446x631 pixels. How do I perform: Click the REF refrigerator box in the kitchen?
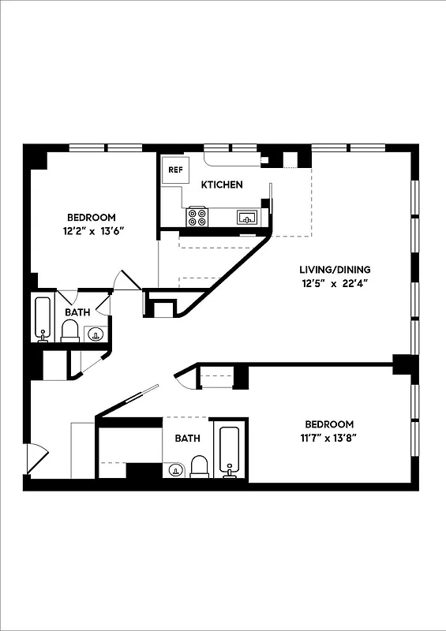(174, 170)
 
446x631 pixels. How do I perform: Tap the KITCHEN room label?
(222, 185)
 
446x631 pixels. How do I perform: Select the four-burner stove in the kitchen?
(197, 216)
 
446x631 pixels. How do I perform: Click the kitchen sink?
(247, 216)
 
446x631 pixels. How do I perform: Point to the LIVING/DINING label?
(335, 269)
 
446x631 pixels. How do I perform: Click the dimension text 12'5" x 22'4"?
(335, 282)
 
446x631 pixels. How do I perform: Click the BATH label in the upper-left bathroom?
(77, 312)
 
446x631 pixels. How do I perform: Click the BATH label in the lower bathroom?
(187, 439)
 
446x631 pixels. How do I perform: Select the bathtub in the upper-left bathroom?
(43, 318)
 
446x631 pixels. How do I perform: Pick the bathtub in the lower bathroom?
(230, 453)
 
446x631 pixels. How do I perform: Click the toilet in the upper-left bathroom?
(70, 332)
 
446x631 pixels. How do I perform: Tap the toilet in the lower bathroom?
(199, 467)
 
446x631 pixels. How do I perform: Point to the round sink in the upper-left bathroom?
(96, 334)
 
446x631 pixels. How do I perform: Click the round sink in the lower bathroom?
(174, 471)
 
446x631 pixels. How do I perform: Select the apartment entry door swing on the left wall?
(36, 457)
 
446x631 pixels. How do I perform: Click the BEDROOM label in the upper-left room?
(92, 218)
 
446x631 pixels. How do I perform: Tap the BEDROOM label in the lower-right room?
(326, 424)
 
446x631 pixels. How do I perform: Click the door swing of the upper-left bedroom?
(126, 281)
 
